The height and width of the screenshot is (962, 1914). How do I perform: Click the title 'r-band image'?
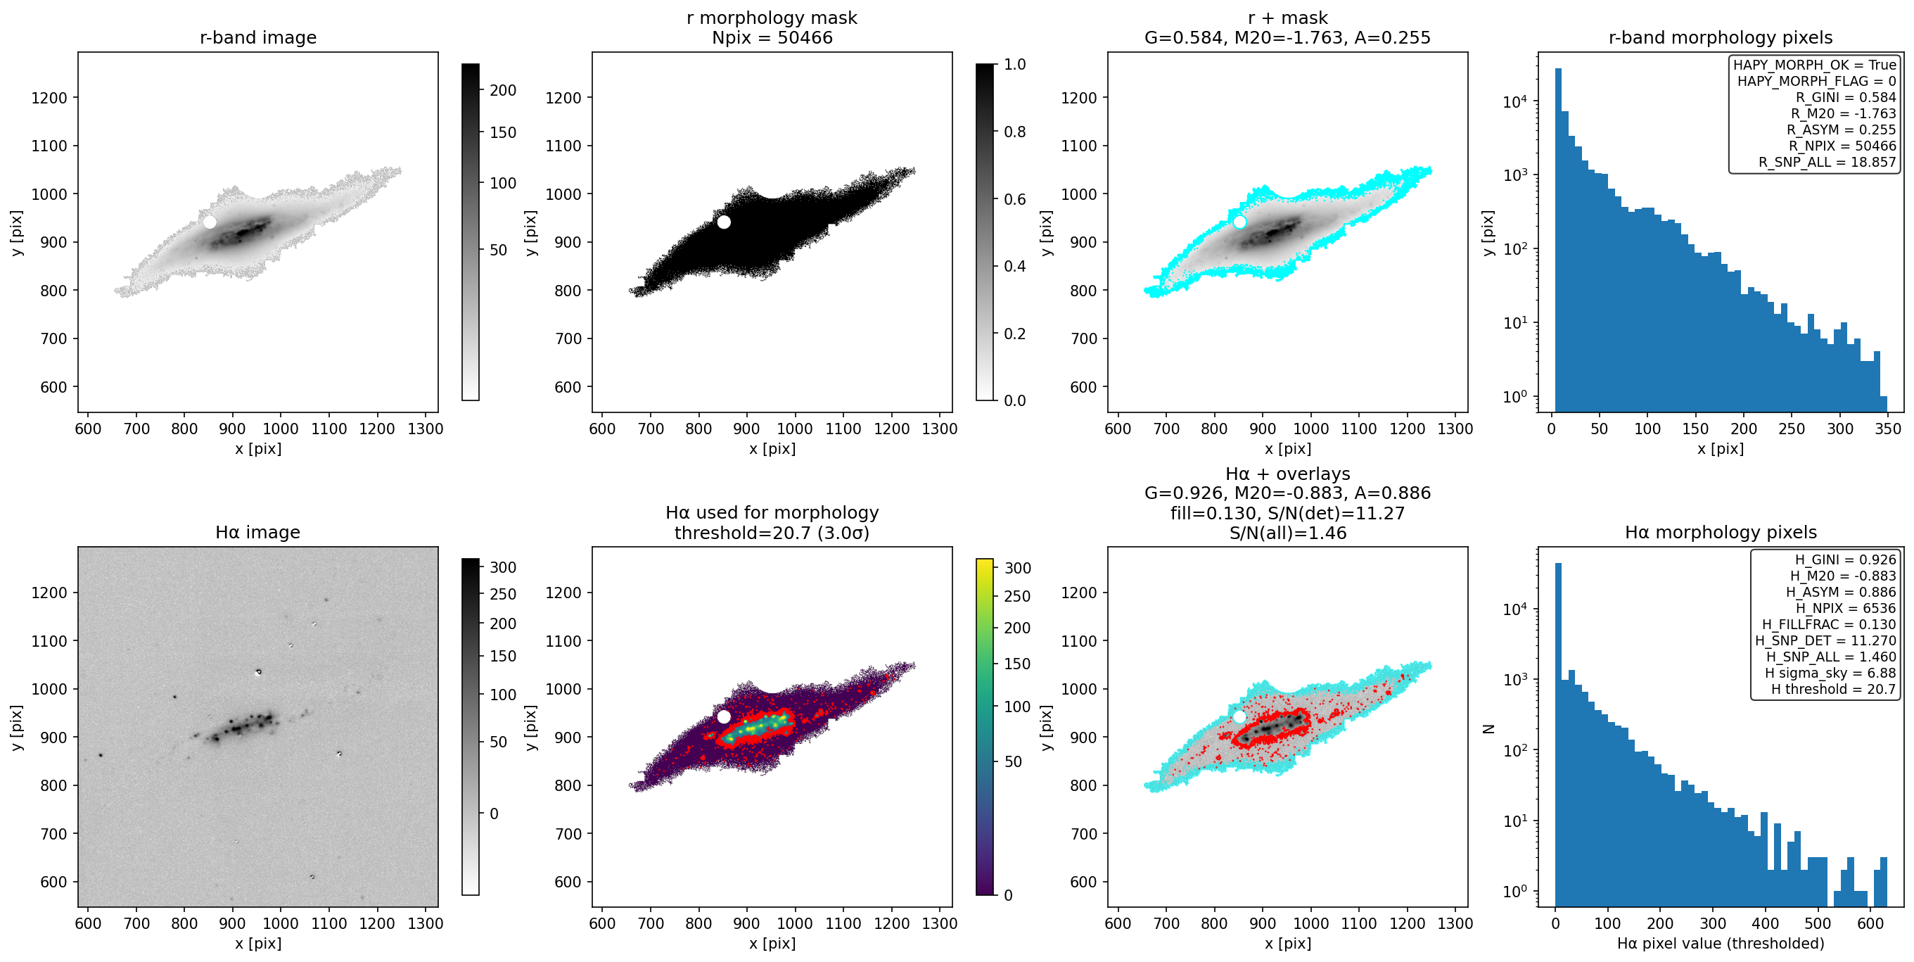tap(258, 37)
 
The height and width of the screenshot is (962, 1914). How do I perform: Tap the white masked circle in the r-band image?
tap(210, 222)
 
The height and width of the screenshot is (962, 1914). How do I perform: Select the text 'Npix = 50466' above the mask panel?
tap(772, 37)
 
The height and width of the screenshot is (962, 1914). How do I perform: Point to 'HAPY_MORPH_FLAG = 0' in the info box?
tap(1816, 81)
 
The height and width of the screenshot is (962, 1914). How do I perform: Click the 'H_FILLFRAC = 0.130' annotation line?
tap(1829, 624)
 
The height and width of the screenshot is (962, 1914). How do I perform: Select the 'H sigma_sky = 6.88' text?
tap(1830, 673)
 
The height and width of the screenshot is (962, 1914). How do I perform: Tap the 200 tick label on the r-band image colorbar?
tap(502, 91)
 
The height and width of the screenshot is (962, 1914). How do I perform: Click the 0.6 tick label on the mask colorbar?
tap(1015, 199)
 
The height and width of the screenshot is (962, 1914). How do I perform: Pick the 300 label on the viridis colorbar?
tap(1017, 568)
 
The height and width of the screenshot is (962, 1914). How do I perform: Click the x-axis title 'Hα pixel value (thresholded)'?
tap(1720, 944)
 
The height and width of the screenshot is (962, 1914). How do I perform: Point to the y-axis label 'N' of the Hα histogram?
tap(1488, 728)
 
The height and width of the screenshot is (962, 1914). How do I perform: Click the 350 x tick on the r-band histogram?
tap(1887, 429)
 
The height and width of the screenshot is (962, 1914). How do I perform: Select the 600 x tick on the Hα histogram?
tap(1870, 923)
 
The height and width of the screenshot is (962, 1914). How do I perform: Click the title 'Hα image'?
tap(258, 532)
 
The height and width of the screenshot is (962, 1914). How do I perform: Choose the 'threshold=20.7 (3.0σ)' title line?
tap(772, 533)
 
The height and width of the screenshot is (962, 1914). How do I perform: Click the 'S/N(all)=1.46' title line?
tap(1288, 533)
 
